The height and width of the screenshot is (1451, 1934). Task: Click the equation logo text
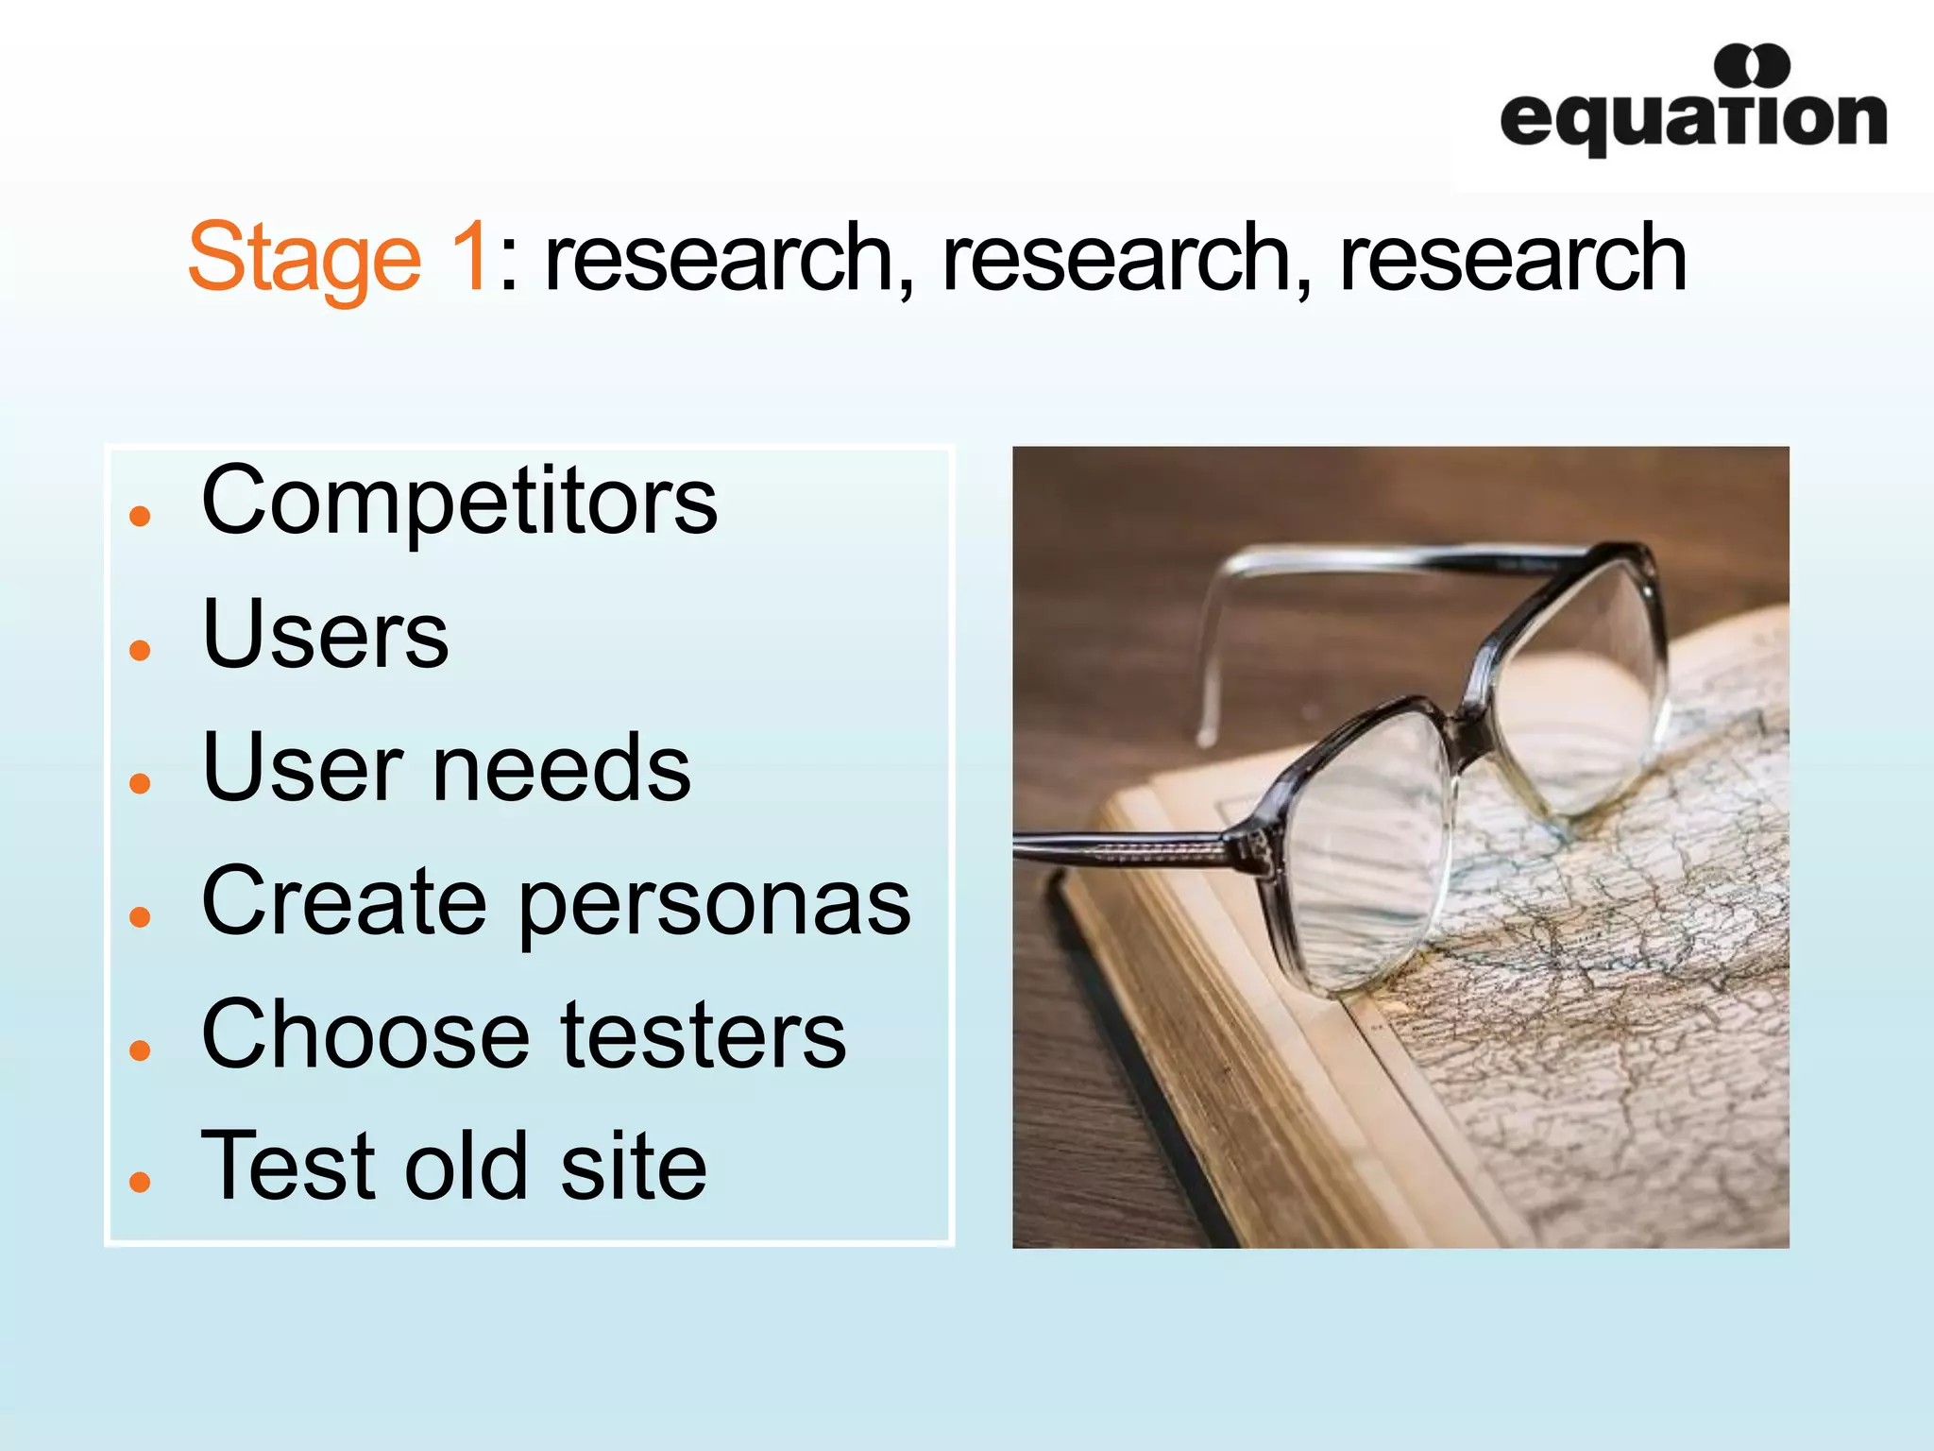[x=1692, y=121]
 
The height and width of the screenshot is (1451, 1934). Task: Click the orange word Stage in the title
[x=304, y=257]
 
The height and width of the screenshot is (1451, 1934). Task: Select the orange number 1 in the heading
[x=468, y=255]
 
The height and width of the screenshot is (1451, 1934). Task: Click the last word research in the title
[x=1513, y=257]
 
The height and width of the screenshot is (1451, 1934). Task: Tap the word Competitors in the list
[x=460, y=502]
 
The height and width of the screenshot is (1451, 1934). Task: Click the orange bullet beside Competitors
[x=141, y=516]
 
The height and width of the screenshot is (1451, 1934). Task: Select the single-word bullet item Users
[x=326, y=635]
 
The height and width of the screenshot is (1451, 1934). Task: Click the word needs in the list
[x=561, y=768]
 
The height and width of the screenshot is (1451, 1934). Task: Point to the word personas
[x=715, y=903]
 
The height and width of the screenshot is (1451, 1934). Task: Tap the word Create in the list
[x=345, y=901]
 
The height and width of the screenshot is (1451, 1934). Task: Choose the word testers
[x=704, y=1035]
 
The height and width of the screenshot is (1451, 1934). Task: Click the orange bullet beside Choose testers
[x=141, y=1050]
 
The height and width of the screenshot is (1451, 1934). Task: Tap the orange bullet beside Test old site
[x=141, y=1181]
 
